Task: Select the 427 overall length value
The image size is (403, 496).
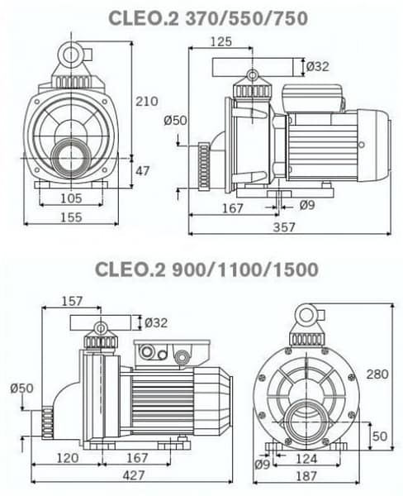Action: pyautogui.click(x=133, y=475)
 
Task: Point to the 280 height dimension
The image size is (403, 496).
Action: pyautogui.click(x=376, y=374)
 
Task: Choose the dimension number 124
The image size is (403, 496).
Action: pyautogui.click(x=306, y=457)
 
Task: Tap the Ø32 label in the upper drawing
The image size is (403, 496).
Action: pyautogui.click(x=317, y=66)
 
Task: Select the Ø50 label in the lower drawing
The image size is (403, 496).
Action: pyautogui.click(x=21, y=389)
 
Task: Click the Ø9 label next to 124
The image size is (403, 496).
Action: pyautogui.click(x=263, y=464)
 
